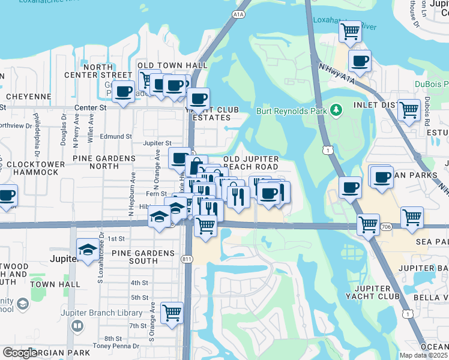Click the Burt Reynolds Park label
point(291,111)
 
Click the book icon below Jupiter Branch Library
point(77,326)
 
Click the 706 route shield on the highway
point(386,226)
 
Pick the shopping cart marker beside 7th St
point(172,313)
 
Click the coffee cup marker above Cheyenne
point(123,92)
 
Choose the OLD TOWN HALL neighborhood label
point(172,65)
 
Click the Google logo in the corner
point(20,353)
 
